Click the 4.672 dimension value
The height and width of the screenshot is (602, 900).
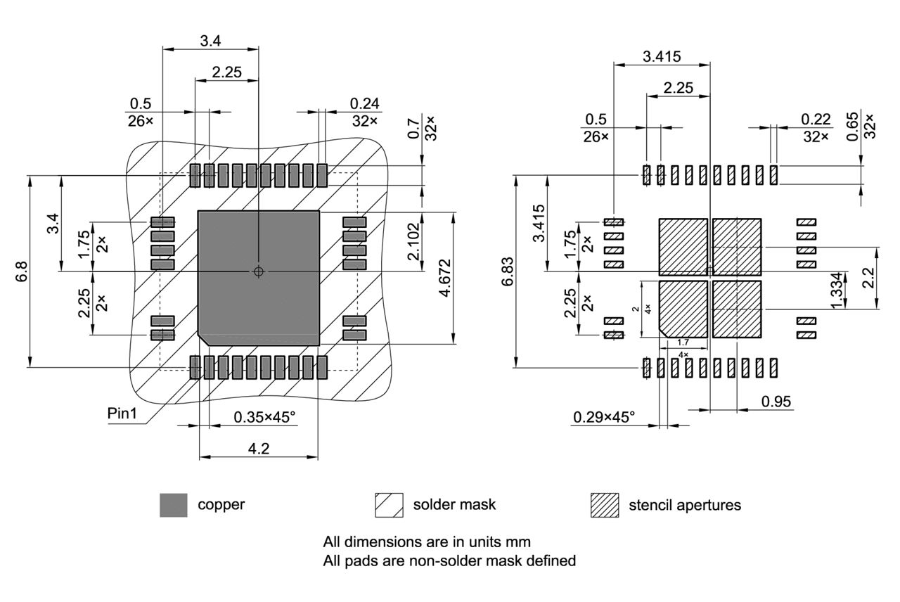click(445, 278)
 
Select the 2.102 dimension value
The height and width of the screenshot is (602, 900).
click(414, 242)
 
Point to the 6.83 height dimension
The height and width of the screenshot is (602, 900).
click(508, 271)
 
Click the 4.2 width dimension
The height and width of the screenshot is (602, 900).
click(259, 448)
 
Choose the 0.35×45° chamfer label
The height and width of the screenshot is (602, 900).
click(264, 417)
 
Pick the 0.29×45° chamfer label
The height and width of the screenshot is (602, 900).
click(604, 417)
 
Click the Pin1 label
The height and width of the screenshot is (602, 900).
click(122, 413)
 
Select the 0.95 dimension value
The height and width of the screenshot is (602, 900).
click(776, 402)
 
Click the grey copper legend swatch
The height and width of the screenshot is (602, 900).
click(174, 505)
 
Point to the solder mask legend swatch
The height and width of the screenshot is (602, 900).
click(389, 505)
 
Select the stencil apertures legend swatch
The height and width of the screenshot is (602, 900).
click(604, 505)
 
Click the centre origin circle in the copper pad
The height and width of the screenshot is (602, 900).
click(259, 271)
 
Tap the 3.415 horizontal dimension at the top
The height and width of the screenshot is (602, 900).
click(662, 57)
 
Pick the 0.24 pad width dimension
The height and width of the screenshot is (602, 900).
click(365, 103)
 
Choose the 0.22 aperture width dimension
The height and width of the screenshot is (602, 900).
click(816, 119)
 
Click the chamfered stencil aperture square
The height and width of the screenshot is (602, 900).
click(683, 309)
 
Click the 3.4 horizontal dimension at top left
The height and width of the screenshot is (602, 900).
click(210, 41)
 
